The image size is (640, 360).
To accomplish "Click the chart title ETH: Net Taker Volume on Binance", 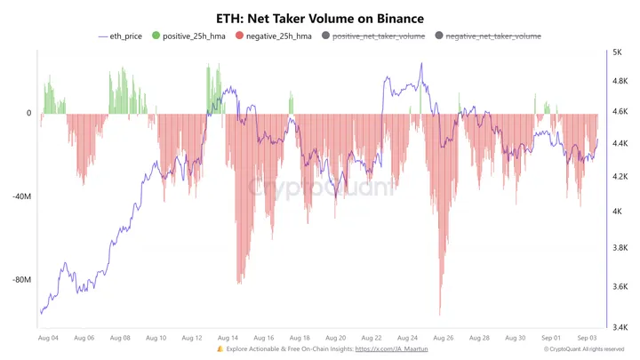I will click(320, 18).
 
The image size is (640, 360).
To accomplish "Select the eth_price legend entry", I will click(122, 36).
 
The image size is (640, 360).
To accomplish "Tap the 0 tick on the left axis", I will click(28, 114).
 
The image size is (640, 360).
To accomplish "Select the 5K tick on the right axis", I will click(617, 53).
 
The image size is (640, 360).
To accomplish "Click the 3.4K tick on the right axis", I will click(620, 327).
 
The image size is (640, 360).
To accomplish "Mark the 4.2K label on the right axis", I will click(620, 177).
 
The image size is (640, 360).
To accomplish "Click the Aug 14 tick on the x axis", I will click(228, 338).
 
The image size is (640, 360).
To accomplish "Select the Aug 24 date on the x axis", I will click(408, 338).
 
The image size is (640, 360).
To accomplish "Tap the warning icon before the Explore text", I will click(220, 350).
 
